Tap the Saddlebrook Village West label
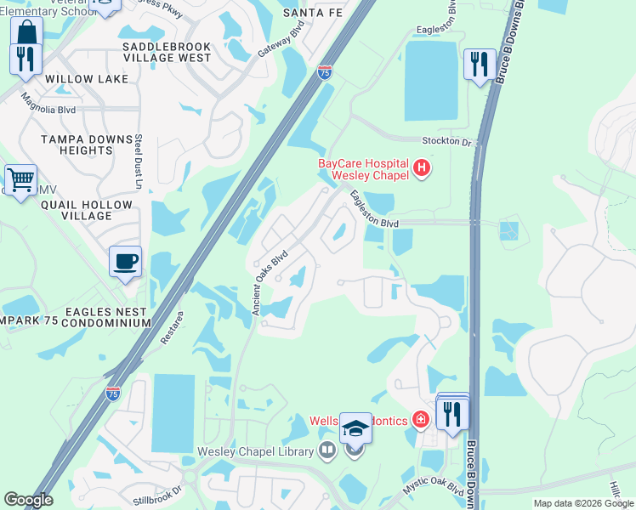[x=167, y=52]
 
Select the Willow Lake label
[x=87, y=79]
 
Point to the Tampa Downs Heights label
[x=76, y=144]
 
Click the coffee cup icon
[x=125, y=262]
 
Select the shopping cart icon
[x=20, y=179]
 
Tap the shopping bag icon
[x=27, y=32]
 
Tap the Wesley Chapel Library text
[x=256, y=450]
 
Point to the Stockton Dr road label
[x=446, y=141]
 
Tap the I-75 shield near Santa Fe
[x=324, y=73]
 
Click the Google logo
[x=28, y=500]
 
